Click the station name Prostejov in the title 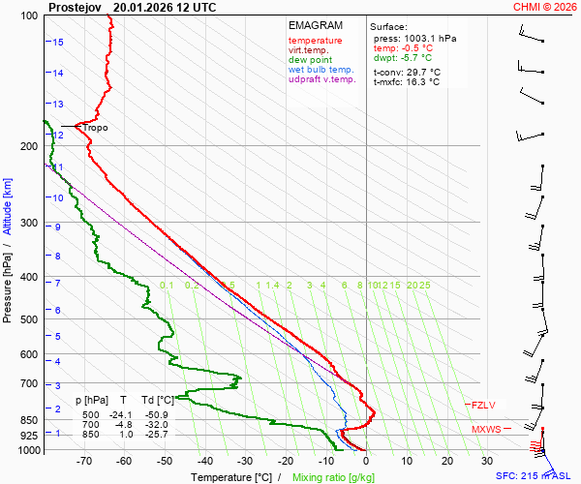(x=76, y=7)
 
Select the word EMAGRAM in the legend (x=314, y=25)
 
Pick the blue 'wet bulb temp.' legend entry (x=321, y=70)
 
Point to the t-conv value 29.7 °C (x=420, y=72)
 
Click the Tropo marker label (x=95, y=128)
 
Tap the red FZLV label (x=483, y=405)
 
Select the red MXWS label (x=486, y=429)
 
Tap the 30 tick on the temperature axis (x=487, y=462)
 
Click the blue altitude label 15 (x=58, y=43)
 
